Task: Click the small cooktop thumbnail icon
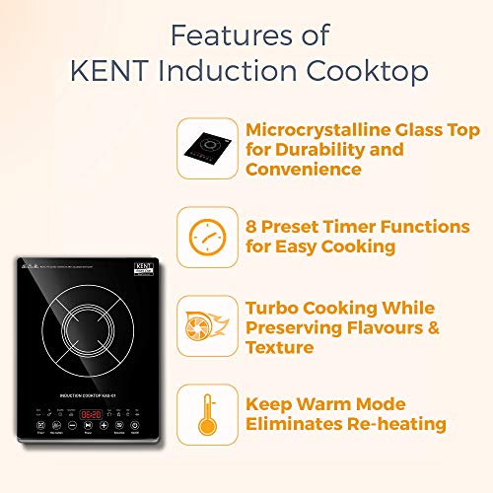tap(208, 148)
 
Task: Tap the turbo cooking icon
tap(208, 326)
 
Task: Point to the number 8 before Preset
tap(251, 228)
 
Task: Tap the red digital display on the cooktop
tap(91, 414)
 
